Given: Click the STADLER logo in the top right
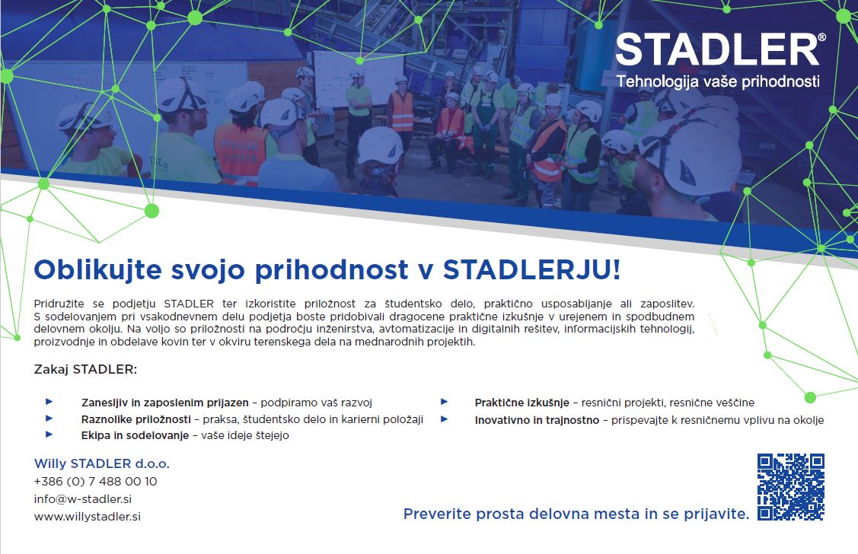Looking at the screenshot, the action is pos(717,49).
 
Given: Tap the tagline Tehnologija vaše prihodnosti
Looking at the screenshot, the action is pos(718,81).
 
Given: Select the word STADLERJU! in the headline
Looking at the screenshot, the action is pos(531,269).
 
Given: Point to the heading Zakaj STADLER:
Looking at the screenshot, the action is pos(85,369).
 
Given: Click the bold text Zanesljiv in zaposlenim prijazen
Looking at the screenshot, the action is pos(164,403).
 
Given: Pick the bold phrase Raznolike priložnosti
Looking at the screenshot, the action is pos(136,419).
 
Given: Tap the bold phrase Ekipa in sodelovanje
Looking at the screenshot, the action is pos(135,435).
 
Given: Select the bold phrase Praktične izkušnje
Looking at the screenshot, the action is pos(522,403).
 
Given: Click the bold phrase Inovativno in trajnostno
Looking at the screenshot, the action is pos(537,420).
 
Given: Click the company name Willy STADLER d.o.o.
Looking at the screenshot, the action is pos(102,463).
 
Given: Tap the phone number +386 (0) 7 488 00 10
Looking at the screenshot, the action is pos(95,481).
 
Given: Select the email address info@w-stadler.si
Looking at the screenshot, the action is pos(83,498).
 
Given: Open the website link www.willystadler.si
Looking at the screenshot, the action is pos(87,516).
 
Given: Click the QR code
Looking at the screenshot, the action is pos(791,487).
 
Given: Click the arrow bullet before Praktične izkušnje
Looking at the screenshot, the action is pos(445,401).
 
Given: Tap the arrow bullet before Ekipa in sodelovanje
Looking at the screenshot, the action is pos(49,435).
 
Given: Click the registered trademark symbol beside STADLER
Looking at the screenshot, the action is pos(821,37).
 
